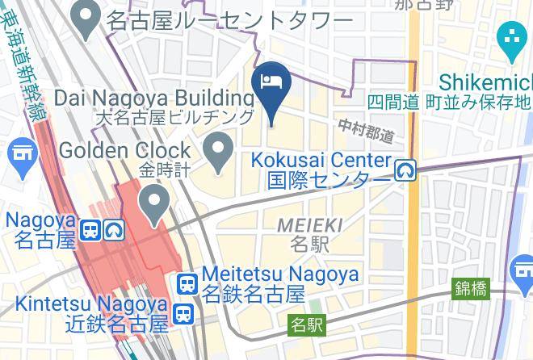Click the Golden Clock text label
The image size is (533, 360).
(125, 150)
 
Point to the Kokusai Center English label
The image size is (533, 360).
(321, 161)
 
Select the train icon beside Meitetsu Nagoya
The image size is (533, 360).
(187, 283)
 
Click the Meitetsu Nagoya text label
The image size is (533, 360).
(280, 274)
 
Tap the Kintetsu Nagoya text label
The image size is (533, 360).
(92, 305)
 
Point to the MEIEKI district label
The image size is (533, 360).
(309, 225)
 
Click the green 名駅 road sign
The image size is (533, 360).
(307, 326)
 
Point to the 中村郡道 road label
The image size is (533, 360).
(366, 129)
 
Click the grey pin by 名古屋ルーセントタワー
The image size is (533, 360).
(86, 16)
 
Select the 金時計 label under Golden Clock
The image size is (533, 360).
(163, 170)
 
